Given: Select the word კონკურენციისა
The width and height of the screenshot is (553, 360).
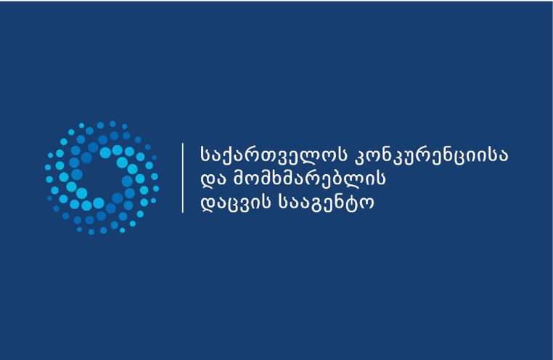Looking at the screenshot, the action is [x=431, y=156].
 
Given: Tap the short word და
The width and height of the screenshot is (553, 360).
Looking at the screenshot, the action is [x=213, y=179].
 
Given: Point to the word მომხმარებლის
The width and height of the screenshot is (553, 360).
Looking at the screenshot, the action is [x=309, y=178].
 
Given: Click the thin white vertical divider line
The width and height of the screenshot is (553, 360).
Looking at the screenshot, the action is [x=183, y=178].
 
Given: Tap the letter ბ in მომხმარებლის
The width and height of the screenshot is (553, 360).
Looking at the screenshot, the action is [x=342, y=178].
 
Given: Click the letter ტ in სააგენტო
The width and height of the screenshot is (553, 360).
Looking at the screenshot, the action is [x=353, y=202].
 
